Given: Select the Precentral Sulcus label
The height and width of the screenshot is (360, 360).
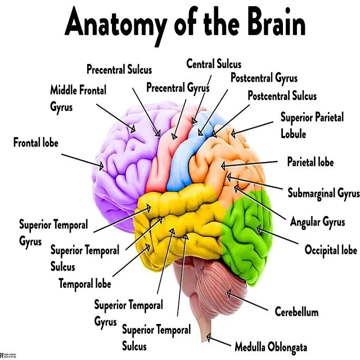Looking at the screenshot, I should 119,69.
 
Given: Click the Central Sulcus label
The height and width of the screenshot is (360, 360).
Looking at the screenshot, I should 214,64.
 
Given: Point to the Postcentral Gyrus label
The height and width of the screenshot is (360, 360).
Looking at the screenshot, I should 264,78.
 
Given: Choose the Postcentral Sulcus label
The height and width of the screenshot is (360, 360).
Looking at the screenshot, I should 282,96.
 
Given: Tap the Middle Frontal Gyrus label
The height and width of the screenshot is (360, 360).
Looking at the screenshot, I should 78,98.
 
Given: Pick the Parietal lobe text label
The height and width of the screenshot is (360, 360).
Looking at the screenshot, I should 310,162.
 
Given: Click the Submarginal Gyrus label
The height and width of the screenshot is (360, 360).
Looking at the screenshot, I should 323,193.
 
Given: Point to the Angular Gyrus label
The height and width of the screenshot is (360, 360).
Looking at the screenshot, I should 317,222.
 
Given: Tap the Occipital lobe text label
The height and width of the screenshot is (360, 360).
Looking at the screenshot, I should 331,250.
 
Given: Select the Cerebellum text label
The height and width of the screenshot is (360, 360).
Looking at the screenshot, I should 296,312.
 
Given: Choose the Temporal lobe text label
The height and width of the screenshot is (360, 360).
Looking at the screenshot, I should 85,283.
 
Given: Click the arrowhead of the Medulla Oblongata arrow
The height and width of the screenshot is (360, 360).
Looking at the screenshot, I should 209,337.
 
